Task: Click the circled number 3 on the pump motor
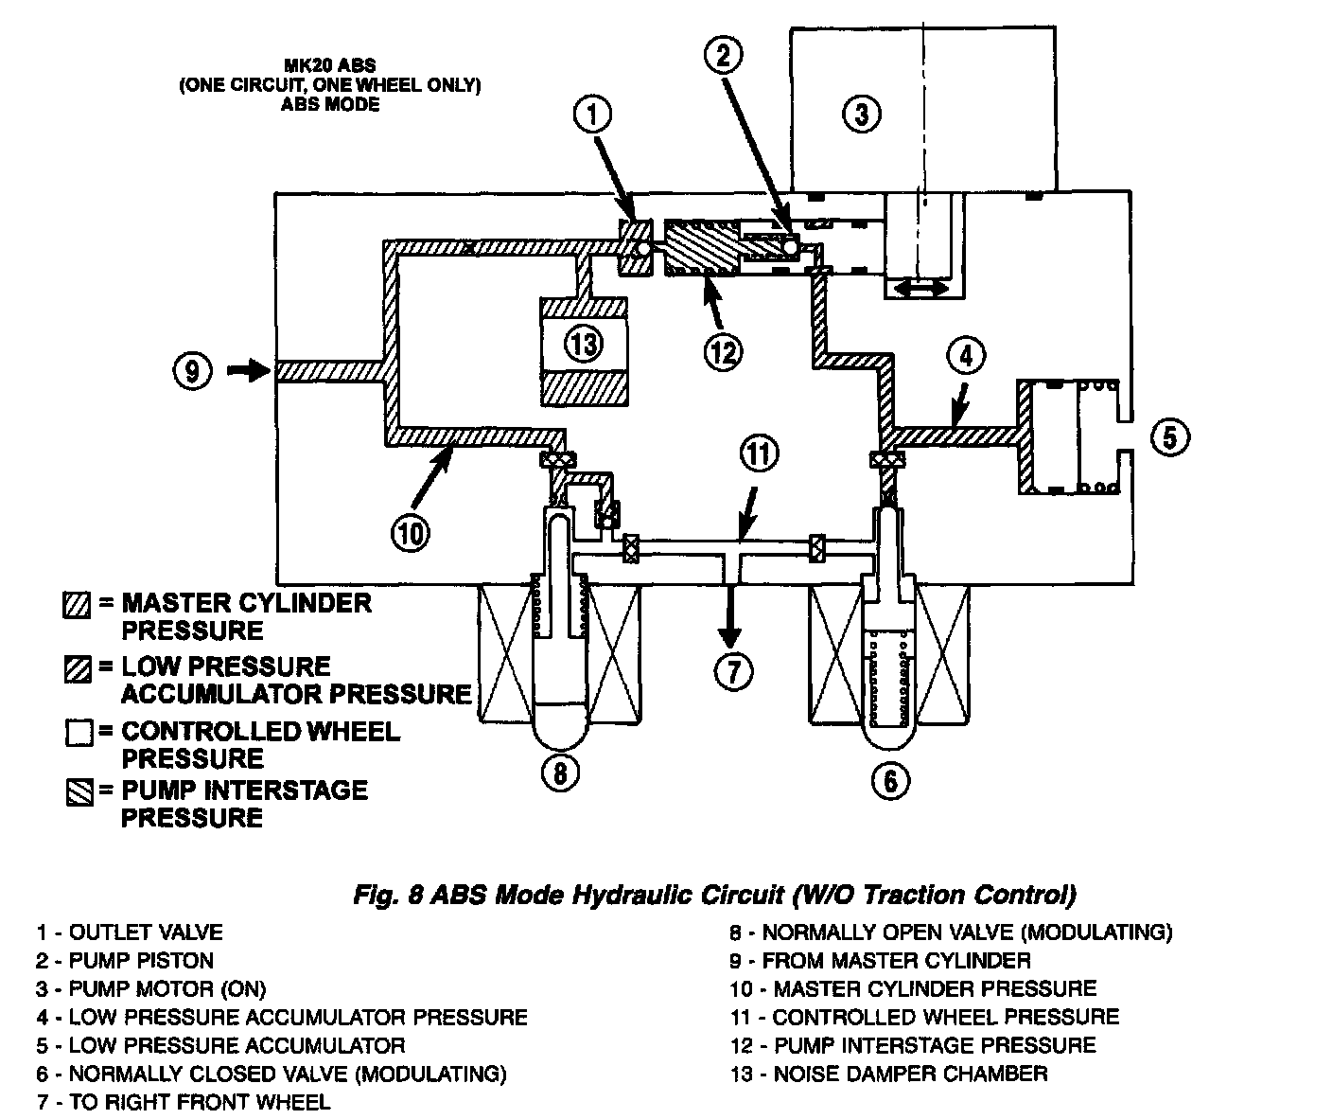point(861,115)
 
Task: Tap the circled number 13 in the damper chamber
point(586,343)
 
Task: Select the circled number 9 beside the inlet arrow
point(192,371)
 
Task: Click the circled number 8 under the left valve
point(560,773)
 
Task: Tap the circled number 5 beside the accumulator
point(1170,437)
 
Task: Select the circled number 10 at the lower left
point(412,534)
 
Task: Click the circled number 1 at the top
point(592,116)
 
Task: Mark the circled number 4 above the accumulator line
point(965,357)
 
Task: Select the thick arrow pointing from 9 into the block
point(249,371)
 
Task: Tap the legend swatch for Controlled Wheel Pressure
point(79,733)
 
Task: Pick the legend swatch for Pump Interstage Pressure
point(79,792)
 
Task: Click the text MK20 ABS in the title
point(330,66)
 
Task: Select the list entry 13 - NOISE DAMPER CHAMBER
point(888,1074)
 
